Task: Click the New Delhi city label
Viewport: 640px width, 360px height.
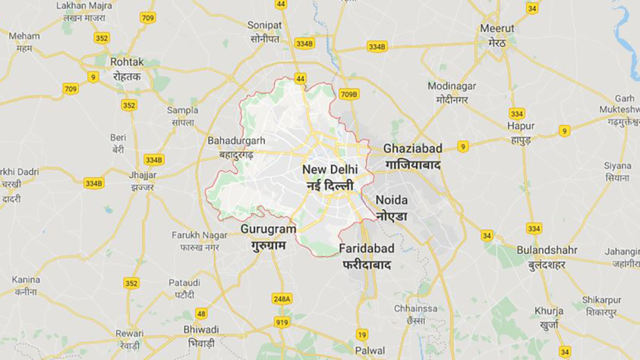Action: pos(328,170)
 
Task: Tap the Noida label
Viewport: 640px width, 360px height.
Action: pos(391,200)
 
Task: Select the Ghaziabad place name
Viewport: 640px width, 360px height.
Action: pos(412,149)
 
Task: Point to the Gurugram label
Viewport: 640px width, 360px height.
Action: pos(268,229)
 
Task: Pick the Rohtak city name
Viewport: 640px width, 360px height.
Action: pos(126,61)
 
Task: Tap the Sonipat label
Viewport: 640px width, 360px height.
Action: pos(264,25)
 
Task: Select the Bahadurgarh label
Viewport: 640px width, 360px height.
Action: pos(236,140)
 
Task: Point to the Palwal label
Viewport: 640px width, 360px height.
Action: pos(370,350)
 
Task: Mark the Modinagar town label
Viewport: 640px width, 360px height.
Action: pos(452,86)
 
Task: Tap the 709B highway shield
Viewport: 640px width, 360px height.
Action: pos(349,94)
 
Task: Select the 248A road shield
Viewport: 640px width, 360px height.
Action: pos(282,299)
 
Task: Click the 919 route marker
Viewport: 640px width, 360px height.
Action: pos(282,322)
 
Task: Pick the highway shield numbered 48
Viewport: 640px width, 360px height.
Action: pos(202,314)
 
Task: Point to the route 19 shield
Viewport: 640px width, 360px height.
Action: pos(362,335)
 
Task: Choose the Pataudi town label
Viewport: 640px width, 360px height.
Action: pos(184,283)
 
